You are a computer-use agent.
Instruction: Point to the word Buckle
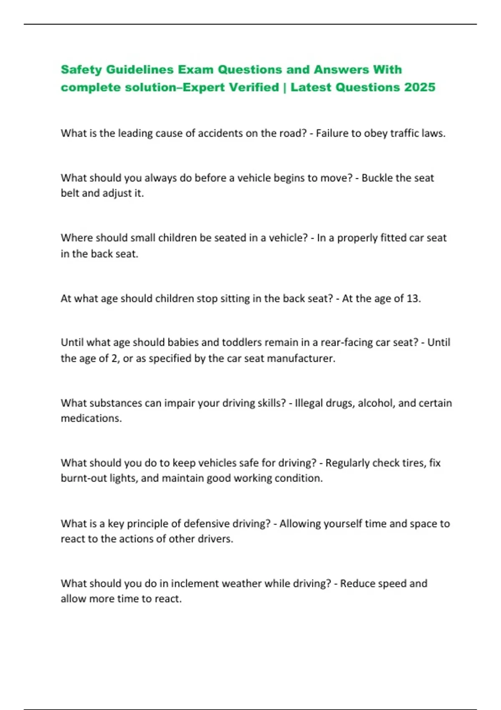pyautogui.click(x=377, y=178)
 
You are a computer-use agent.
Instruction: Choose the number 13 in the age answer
pyautogui.click(x=413, y=299)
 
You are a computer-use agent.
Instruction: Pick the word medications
pyautogui.click(x=91, y=418)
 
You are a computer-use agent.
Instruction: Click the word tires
pyautogui.click(x=411, y=463)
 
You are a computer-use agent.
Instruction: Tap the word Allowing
pyautogui.click(x=301, y=524)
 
